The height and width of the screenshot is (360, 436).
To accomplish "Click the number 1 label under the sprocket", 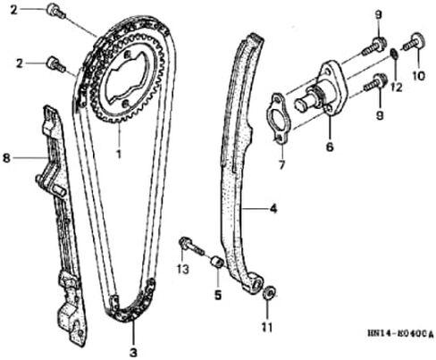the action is [x=119, y=155].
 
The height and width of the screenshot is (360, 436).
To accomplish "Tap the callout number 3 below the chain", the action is [x=133, y=353].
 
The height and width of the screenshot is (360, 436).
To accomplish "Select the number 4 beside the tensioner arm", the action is [x=272, y=209].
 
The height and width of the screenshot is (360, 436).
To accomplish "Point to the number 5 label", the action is [x=218, y=295].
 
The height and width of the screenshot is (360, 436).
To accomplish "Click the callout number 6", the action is [x=330, y=147].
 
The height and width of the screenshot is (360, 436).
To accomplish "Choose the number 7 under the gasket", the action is [x=281, y=164].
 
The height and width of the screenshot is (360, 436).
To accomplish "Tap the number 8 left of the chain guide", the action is [x=6, y=158].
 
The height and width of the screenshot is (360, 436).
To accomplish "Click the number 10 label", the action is [x=418, y=76].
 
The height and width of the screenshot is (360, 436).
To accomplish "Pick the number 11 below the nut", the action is [x=267, y=328].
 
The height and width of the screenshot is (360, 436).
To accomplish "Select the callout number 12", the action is [x=397, y=87].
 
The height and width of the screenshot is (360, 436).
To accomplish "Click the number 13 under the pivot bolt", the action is [x=183, y=269].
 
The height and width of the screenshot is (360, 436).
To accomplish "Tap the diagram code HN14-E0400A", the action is [x=400, y=334].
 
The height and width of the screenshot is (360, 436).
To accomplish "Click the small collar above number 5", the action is [x=217, y=263].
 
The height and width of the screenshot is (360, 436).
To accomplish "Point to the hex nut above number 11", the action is [x=270, y=292].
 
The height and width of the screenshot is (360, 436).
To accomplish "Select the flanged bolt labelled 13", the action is [x=191, y=247].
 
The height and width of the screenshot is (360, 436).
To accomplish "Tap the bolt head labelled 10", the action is [x=419, y=40].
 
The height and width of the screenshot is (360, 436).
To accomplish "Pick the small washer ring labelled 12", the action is [x=394, y=54].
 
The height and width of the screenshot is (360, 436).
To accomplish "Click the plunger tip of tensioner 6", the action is [x=300, y=105].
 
